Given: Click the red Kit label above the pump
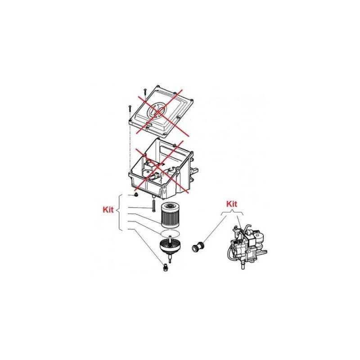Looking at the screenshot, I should pyautogui.click(x=231, y=204).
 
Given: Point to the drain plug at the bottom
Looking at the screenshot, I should pyautogui.click(x=165, y=268).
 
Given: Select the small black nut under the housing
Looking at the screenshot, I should pyautogui.click(x=135, y=196).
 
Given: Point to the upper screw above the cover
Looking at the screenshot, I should pyautogui.click(x=145, y=92).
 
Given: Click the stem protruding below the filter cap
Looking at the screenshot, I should pyautogui.click(x=170, y=259).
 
